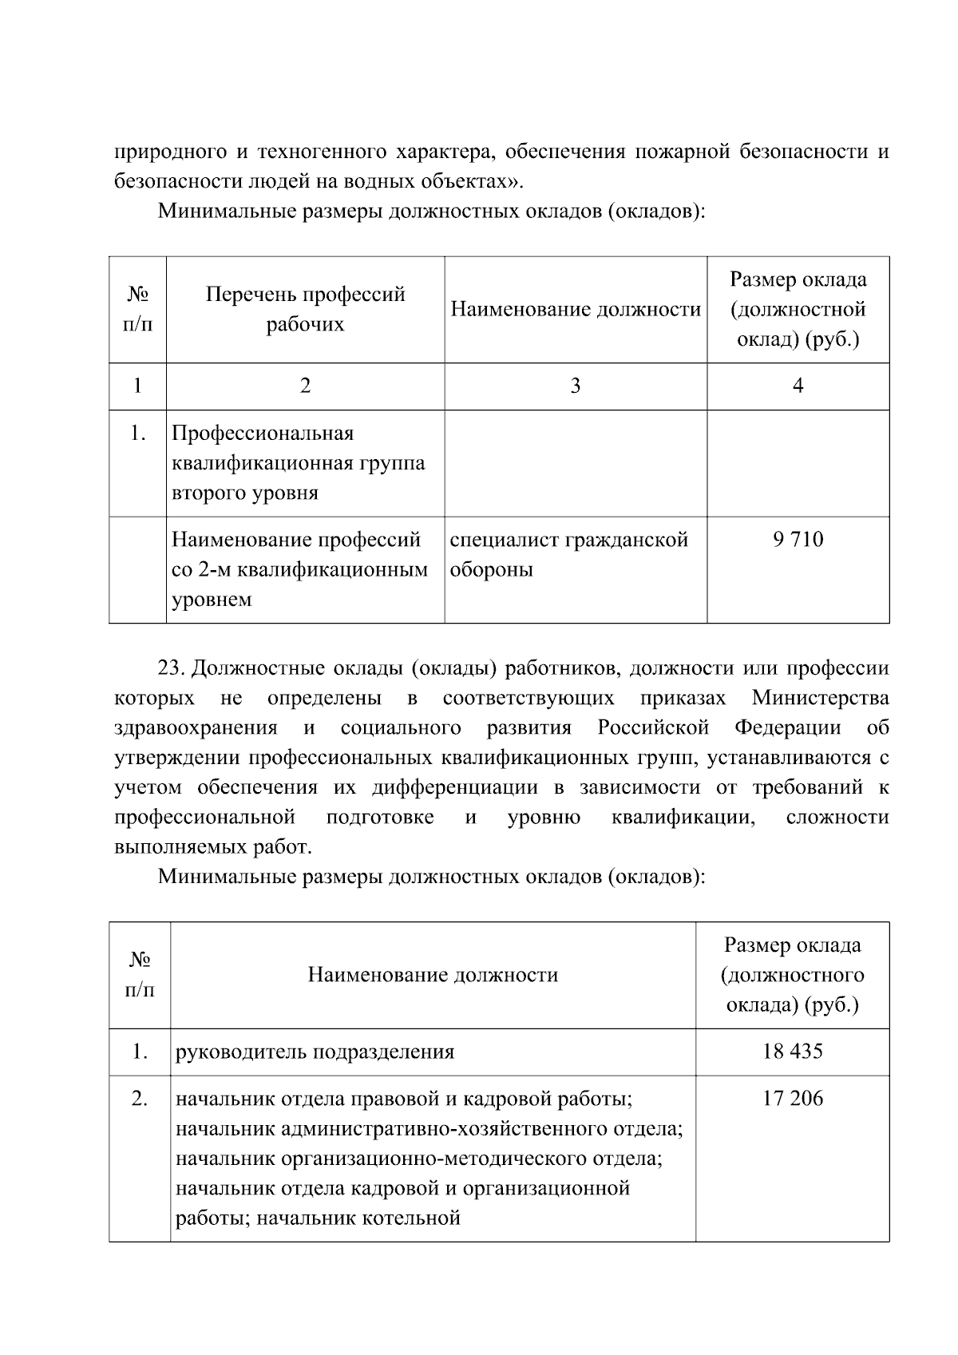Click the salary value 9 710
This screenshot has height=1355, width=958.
coord(798,540)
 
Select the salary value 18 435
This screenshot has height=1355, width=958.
coord(792,1052)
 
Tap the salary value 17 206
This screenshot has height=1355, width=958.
coord(792,1099)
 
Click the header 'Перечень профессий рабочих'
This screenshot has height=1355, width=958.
coord(305,309)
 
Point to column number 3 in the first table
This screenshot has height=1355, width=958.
coord(575,386)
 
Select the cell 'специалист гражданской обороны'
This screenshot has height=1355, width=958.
coord(569,554)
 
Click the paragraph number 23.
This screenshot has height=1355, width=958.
coord(171,668)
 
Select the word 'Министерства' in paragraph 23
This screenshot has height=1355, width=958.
coord(820,698)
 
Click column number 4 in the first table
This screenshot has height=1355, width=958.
coord(798,386)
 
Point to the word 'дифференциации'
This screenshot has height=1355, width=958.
coord(454,787)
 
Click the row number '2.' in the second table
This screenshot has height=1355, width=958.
coord(140,1099)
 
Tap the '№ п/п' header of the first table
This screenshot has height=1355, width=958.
coord(137,309)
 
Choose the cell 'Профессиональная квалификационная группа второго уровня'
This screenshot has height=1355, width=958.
coord(298,463)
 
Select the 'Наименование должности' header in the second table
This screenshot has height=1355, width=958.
coord(433,975)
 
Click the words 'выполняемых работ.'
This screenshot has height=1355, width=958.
coord(212,846)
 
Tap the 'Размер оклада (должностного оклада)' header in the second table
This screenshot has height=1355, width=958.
coord(792,975)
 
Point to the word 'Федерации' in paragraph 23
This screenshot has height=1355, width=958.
coord(787,727)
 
